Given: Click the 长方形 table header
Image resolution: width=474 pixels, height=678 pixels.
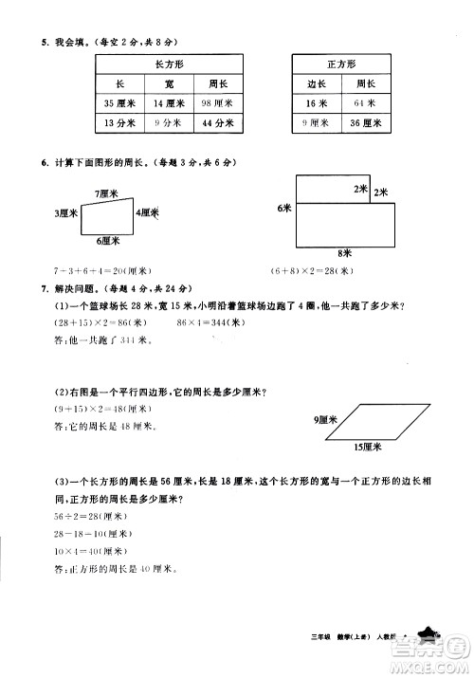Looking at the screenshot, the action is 167,64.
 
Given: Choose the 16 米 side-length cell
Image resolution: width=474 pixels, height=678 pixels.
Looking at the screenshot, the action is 316,103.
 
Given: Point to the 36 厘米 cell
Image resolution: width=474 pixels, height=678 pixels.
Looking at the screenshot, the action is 365,123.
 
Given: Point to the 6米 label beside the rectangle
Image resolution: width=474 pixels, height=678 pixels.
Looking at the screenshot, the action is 283,208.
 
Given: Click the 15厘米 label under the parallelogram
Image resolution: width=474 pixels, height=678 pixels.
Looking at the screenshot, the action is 366,446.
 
